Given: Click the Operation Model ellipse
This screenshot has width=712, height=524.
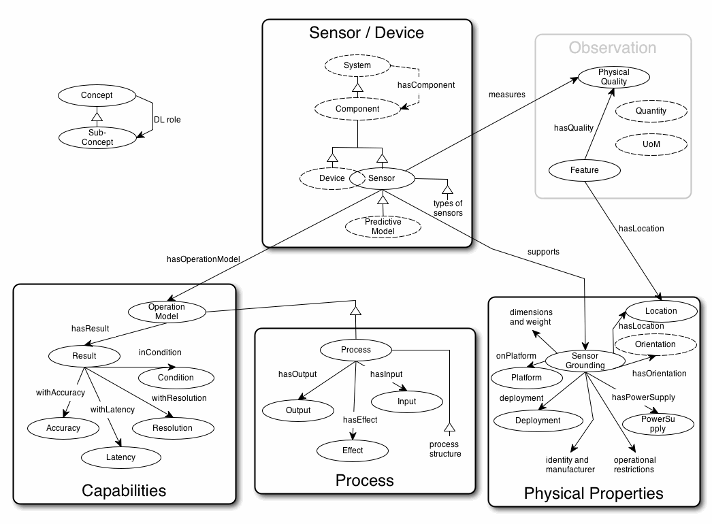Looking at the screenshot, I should coord(166,312).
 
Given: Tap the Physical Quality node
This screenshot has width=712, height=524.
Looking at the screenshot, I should coord(613,77).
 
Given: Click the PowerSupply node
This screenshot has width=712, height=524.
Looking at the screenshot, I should coord(658,423).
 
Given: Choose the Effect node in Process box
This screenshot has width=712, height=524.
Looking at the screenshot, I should coord(352,451).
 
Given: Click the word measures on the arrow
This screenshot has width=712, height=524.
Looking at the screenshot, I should coord(507,94).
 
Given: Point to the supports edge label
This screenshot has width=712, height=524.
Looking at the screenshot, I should coord(543,251).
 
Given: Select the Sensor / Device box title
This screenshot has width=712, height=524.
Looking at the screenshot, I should coord(366,32).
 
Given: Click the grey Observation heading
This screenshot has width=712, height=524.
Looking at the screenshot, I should coord(613,48).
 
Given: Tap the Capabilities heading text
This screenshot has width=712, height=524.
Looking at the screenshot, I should coord(124,490).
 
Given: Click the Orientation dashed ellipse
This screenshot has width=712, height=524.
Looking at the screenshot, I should coord(655,344).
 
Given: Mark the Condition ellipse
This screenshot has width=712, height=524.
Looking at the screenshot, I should coord(176,378).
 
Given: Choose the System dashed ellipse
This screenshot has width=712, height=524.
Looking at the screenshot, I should coord(357,65).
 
